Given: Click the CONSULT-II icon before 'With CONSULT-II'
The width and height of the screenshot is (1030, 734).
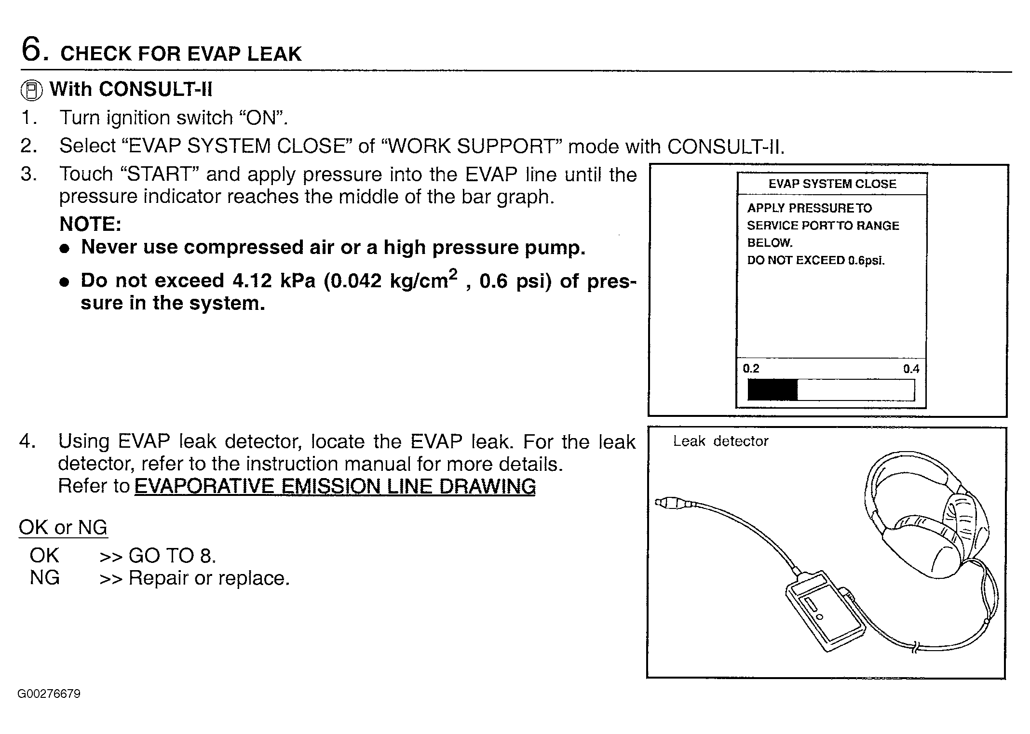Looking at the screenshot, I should click(32, 90).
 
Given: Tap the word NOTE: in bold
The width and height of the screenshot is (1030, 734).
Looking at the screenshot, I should click(90, 224).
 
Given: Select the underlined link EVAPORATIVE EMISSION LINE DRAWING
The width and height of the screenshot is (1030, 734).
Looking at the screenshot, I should click(335, 486).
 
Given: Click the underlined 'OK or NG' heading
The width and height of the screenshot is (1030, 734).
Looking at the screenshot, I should click(63, 527).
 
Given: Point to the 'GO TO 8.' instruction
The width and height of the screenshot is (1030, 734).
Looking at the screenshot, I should click(172, 556).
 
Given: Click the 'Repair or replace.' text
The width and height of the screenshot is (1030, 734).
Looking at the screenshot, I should click(209, 578).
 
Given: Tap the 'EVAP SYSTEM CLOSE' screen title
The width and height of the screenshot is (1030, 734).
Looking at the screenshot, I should click(832, 184).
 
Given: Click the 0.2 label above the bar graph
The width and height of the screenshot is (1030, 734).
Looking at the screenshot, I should click(751, 369).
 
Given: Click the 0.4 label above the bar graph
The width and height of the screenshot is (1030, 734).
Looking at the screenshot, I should click(911, 369).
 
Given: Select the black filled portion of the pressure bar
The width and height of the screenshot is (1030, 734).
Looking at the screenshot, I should click(772, 389).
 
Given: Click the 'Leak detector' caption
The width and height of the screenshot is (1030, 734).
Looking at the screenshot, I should click(720, 441).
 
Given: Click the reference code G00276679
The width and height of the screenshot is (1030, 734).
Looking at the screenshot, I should click(49, 694).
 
